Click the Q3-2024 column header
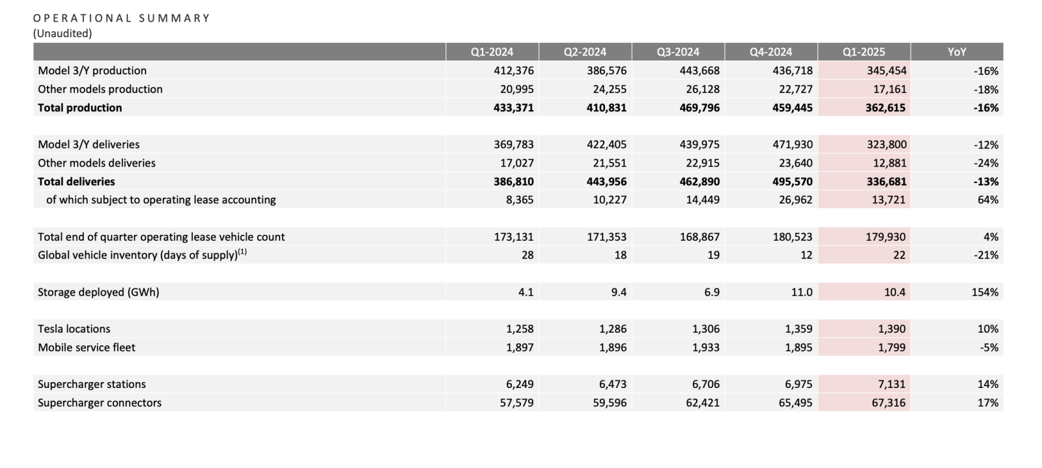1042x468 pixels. point(678,52)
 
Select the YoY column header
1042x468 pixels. point(957,52)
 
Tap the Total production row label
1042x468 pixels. point(79,108)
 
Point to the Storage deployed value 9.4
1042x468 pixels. point(619,292)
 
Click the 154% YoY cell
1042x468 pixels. point(985,292)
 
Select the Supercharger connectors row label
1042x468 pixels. point(100,403)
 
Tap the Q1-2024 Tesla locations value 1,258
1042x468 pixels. point(520,329)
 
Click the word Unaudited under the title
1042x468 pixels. point(63,33)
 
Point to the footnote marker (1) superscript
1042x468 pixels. point(242,252)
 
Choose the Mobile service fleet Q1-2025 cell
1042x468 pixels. point(892,348)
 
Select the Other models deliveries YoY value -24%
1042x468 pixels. point(986,163)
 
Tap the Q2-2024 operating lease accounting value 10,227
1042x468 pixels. point(610,200)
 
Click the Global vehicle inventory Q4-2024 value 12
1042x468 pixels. point(806,255)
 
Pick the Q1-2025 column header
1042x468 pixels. point(864,52)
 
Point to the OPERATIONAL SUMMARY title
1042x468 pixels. point(122,18)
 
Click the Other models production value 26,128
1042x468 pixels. point(703,89)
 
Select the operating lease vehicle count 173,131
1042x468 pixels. point(514,237)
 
